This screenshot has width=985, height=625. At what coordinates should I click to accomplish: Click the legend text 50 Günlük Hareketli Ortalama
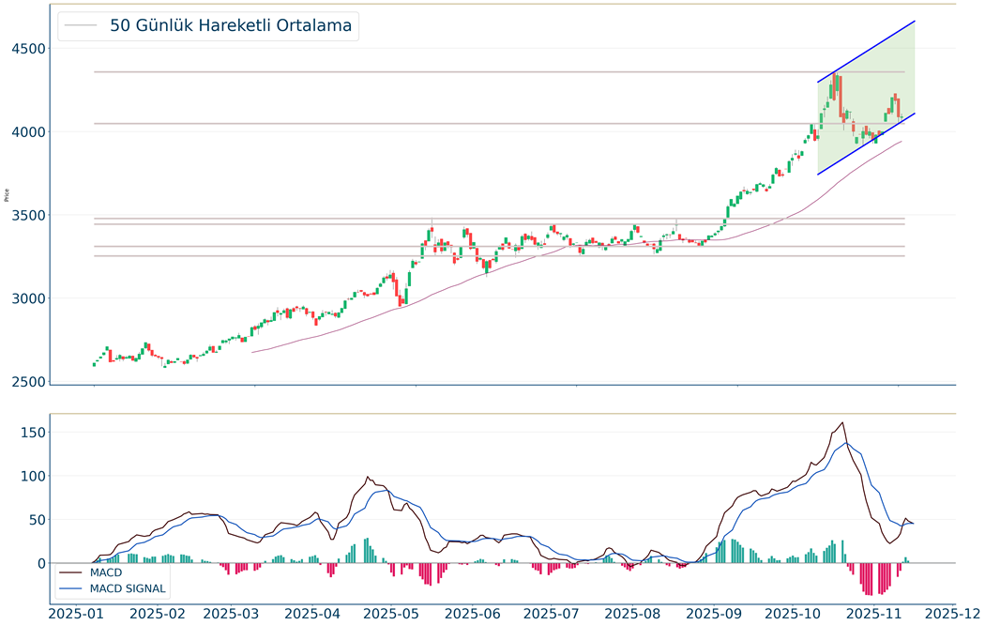point(231,26)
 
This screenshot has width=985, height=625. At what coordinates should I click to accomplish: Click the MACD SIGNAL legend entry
point(128,588)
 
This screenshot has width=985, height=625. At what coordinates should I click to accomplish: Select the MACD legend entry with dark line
point(106,572)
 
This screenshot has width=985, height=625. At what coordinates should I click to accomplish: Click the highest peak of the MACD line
point(842,422)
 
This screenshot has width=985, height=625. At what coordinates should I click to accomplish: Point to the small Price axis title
point(8,195)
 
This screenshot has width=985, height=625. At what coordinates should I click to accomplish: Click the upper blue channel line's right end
point(915,21)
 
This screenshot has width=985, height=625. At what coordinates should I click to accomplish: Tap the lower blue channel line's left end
point(818,175)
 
